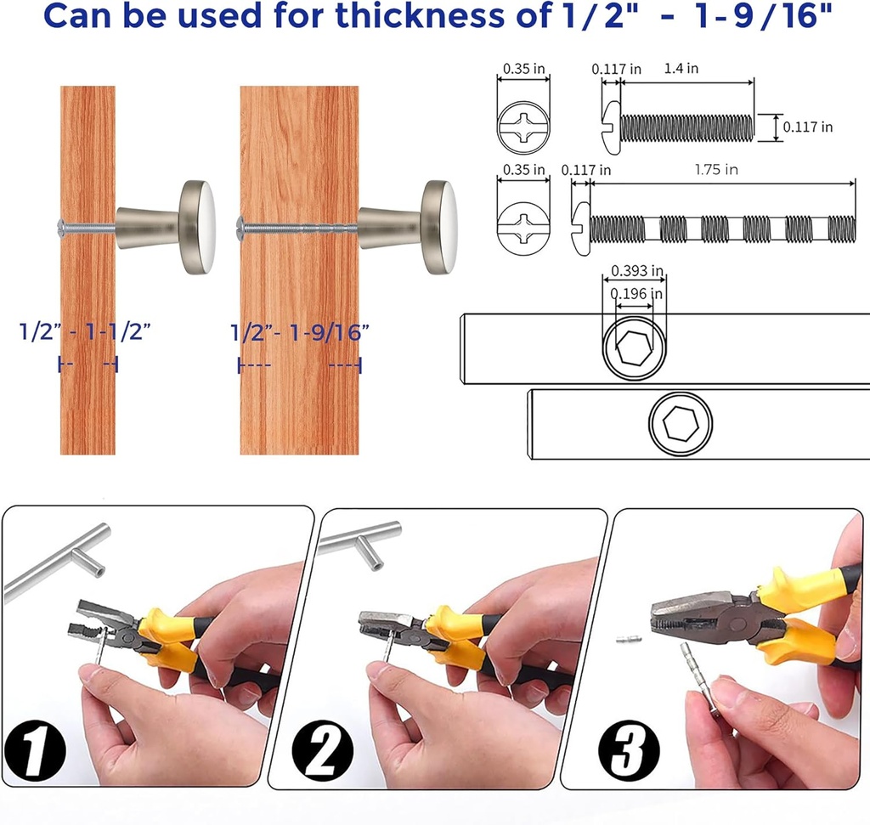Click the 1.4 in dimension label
point(681,68)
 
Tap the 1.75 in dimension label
point(716,169)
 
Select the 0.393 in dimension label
point(637,271)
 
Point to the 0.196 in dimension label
point(636,293)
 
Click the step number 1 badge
point(34,750)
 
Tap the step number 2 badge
point(322,750)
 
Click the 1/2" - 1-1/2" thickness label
point(85,331)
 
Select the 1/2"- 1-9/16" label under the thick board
point(300,333)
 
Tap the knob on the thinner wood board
point(166,227)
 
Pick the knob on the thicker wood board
point(408,228)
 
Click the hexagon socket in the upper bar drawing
point(632,348)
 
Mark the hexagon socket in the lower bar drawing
point(681,424)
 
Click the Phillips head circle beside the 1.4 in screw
point(523,127)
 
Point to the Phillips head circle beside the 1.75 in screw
point(523,228)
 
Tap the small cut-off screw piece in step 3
point(630,639)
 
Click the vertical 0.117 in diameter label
point(807,127)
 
